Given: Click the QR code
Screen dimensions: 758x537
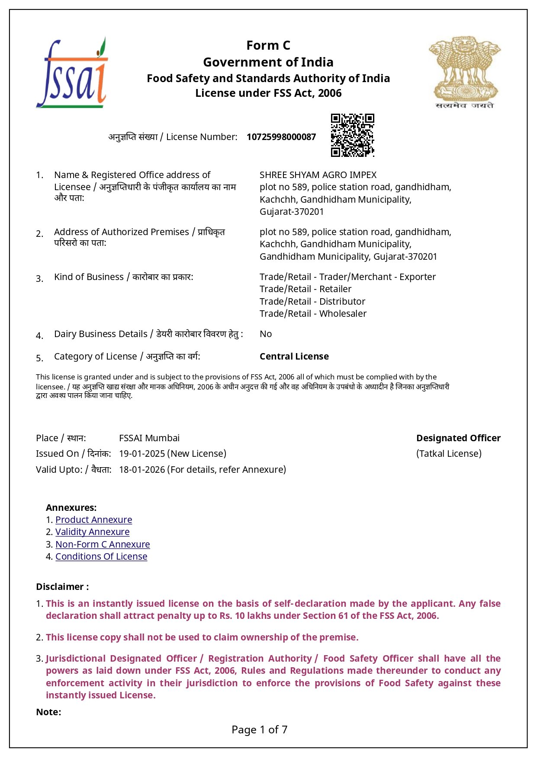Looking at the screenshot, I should pos(352,135).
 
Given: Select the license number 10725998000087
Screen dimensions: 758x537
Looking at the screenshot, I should pos(281,137).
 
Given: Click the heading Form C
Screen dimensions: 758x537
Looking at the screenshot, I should pos(268,45).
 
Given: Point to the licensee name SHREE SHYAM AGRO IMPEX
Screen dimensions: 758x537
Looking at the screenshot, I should pos(318,175).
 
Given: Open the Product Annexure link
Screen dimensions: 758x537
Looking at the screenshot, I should pos(93,520).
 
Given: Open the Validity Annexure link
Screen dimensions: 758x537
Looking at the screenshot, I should pos(92,532).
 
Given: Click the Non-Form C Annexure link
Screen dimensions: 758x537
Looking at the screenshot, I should pos(103,545).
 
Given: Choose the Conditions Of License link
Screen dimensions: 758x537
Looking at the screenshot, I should pos(101,557).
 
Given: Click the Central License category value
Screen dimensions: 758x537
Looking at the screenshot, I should pos(294,357).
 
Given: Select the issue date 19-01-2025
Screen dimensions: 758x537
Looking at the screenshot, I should pos(142,454).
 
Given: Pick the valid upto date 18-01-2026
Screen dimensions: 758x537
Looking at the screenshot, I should pos(142,470).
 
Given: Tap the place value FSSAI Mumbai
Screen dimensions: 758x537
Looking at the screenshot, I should pos(149,438).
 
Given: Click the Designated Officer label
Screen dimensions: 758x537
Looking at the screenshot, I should pos(458,438).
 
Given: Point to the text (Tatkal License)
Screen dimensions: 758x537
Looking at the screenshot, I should pos(449,454).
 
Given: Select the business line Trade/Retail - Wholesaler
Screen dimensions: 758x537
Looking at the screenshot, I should pos(313,314).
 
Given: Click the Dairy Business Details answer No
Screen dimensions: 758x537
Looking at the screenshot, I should pos(266,334).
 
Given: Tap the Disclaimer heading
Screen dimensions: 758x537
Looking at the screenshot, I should pos(62,587).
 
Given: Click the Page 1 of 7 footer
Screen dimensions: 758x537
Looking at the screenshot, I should pos(260,730).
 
